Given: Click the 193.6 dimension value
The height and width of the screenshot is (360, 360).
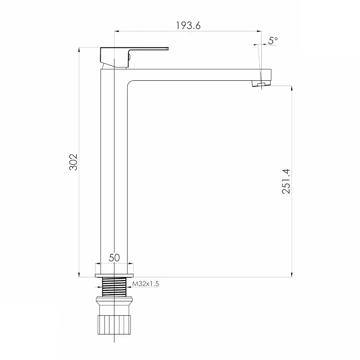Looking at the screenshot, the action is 188,26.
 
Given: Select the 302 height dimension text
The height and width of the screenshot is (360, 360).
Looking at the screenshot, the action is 73,162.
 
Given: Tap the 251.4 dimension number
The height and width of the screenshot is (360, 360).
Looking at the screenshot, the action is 286,181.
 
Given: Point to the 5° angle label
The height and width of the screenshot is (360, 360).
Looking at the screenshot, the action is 273,40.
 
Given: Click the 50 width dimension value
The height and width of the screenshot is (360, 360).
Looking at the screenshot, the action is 114,258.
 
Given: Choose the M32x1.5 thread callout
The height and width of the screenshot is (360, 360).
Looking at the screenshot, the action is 145,284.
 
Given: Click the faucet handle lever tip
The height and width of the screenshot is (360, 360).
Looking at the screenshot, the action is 168,49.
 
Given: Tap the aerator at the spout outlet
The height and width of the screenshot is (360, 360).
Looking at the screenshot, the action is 261,84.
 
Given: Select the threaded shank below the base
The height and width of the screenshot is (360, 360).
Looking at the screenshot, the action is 114,287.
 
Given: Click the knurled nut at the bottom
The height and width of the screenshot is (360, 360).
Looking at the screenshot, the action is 114,325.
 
